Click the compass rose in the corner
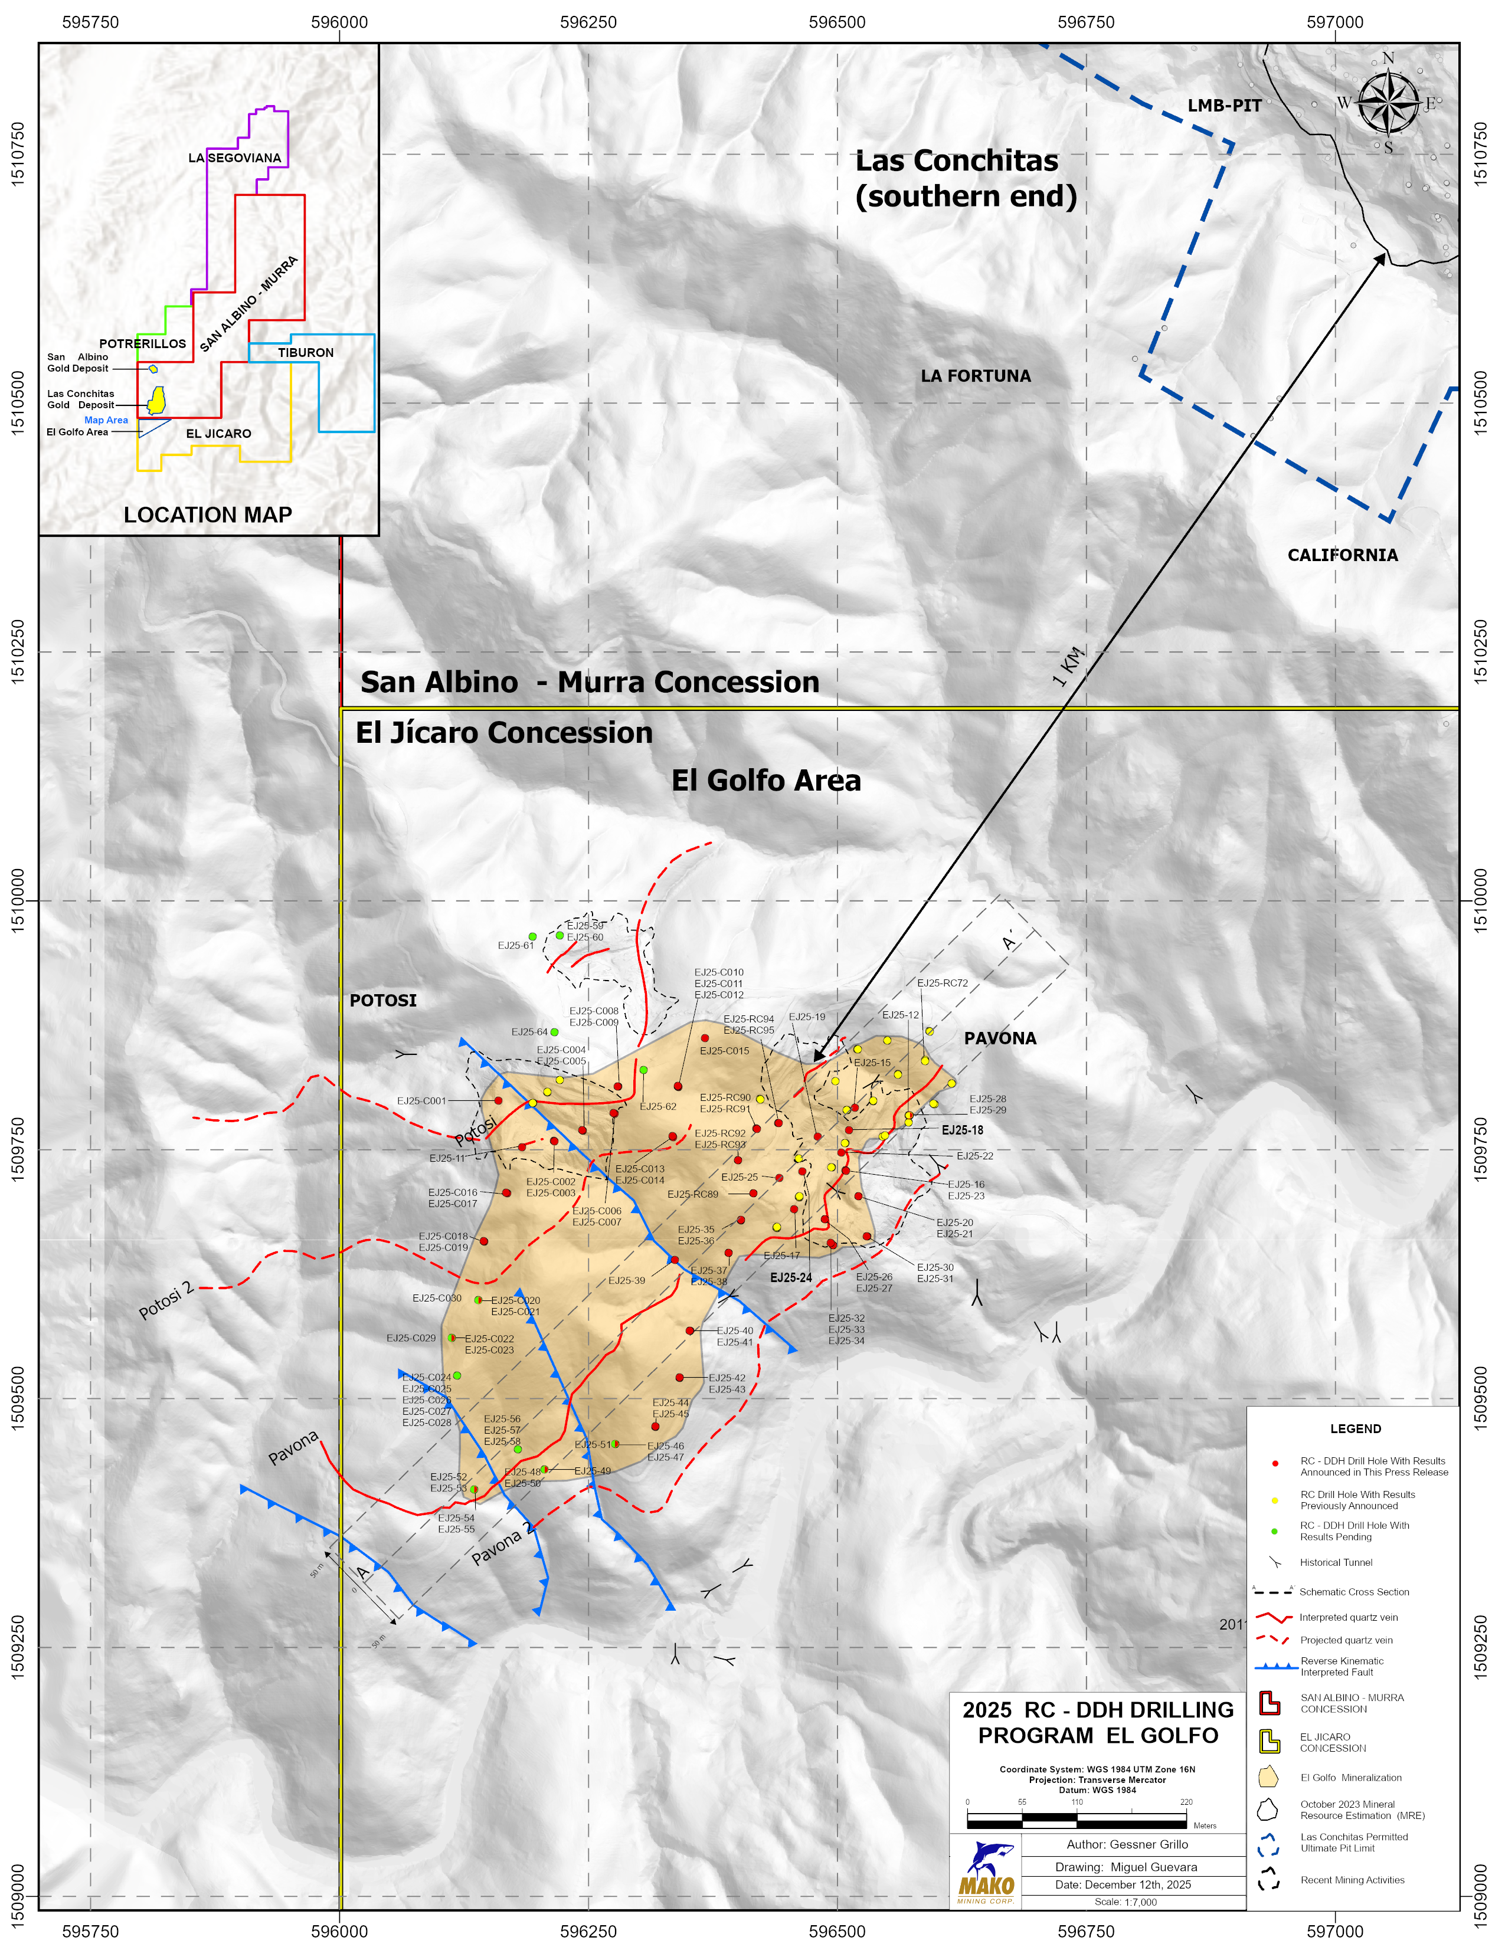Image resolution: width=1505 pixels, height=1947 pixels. tap(1388, 103)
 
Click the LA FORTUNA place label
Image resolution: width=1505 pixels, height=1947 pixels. tap(976, 376)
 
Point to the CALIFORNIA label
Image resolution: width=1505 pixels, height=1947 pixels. tap(1342, 555)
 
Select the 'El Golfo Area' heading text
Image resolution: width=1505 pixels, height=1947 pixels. tap(766, 781)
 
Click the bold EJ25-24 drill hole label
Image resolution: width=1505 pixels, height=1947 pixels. tap(791, 1277)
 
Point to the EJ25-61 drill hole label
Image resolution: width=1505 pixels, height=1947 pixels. tap(515, 946)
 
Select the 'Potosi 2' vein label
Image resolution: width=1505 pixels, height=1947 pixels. tap(166, 1301)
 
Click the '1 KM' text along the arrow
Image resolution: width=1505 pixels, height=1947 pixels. tap(1069, 666)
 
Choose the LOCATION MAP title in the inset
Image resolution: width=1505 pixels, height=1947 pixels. tap(208, 515)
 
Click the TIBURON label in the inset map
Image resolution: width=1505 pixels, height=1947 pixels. tap(305, 353)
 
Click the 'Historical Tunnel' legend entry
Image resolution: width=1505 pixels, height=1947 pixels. tap(1334, 1563)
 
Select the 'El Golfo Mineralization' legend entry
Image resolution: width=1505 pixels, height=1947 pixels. tap(1350, 1778)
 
